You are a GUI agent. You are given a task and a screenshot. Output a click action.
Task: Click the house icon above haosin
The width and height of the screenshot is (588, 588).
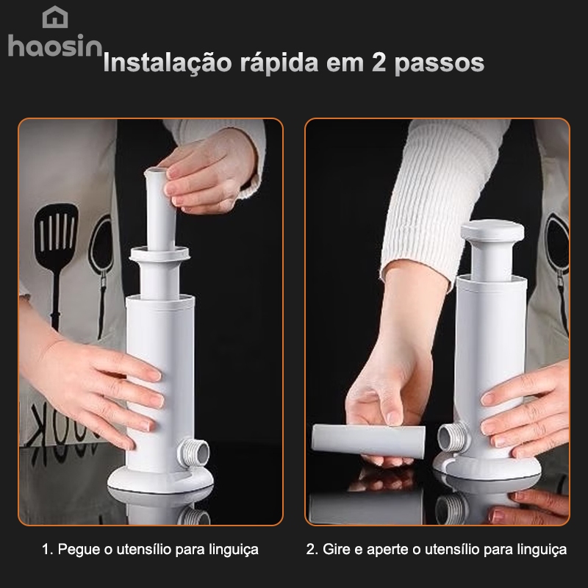click(55, 17)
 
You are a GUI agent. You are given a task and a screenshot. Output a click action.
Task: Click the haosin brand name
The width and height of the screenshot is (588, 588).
click(55, 46)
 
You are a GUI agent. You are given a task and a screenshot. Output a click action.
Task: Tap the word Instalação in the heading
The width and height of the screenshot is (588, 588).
click(168, 62)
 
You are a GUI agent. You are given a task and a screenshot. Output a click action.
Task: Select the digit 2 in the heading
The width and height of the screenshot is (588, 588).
click(379, 62)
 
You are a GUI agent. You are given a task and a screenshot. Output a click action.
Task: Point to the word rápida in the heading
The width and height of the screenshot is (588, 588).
click(279, 63)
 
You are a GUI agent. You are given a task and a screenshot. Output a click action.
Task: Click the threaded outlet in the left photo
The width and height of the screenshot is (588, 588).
click(193, 451)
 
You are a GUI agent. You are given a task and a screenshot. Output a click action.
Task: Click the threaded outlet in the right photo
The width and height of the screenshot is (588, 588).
click(453, 436)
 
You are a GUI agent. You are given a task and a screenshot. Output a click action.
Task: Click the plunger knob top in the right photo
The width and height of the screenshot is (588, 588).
click(492, 231)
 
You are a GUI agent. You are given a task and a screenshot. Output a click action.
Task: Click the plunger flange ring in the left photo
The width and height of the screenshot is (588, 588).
click(159, 254)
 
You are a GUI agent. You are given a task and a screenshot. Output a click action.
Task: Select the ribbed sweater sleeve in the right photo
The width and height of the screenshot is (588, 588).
click(442, 195)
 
